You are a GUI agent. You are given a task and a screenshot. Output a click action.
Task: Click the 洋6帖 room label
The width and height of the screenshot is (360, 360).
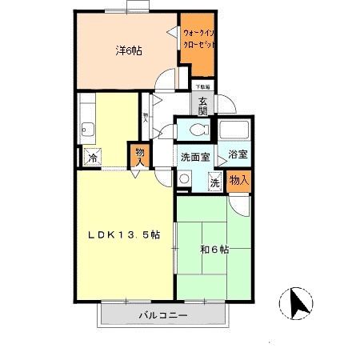coord(127,50)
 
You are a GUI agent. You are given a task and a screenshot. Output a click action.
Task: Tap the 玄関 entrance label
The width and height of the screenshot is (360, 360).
coord(203,106)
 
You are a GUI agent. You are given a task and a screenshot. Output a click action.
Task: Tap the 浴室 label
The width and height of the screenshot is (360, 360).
coord(238,154)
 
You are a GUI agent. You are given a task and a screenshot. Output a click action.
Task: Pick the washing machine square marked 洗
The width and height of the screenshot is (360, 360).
coord(214,182)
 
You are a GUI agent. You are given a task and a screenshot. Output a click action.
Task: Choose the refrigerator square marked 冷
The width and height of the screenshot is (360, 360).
coord(93,158)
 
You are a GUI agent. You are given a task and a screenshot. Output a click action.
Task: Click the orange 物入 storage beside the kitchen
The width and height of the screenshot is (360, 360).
coord(139,154)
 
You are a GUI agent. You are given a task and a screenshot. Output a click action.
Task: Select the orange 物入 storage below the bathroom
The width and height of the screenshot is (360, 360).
coord(239,182)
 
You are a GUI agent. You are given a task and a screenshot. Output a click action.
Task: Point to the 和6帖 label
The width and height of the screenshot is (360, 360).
coord(214,250)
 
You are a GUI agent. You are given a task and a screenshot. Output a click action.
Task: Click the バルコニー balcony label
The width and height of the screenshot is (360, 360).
coord(163,315)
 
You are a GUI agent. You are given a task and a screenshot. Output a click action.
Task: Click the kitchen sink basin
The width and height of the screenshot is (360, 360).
coord(87,127)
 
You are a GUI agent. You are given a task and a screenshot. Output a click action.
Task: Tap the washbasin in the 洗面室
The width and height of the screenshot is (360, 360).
coord(184,180)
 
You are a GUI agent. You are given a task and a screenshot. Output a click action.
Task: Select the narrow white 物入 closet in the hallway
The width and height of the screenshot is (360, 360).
coord(146,117)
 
